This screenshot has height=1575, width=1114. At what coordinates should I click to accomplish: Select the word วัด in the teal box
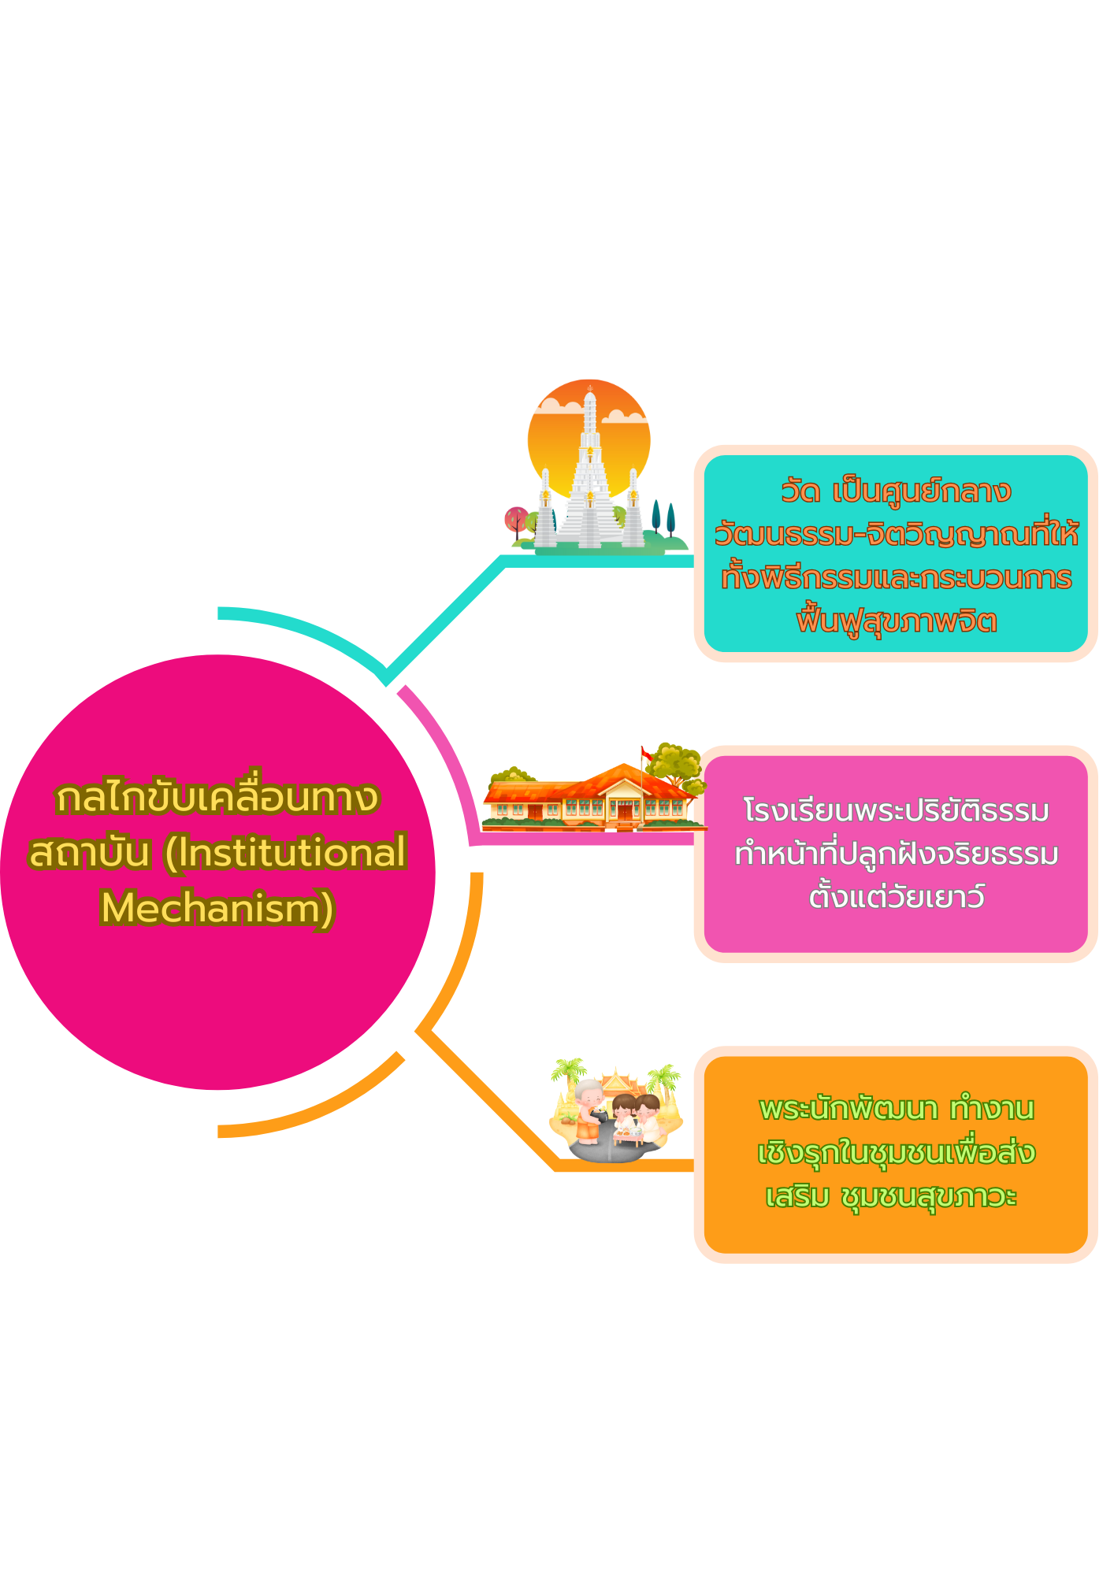click(x=800, y=492)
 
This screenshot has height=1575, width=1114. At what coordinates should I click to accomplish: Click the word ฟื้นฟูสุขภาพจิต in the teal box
click(x=897, y=621)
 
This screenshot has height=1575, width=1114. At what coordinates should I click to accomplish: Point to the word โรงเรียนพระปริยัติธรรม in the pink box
click(x=896, y=810)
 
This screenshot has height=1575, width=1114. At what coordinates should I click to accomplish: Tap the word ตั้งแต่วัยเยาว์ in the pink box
click(x=897, y=897)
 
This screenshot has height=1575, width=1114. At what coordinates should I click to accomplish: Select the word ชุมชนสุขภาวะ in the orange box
click(x=930, y=1196)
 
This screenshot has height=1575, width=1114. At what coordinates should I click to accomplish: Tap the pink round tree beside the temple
click(x=516, y=519)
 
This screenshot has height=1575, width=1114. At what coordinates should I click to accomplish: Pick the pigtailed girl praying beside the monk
click(x=624, y=1110)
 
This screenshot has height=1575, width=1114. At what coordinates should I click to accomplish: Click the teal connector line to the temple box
click(x=445, y=617)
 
